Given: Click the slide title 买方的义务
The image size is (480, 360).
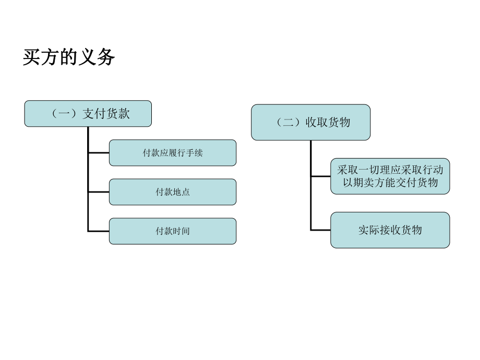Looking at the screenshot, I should pos(68,57).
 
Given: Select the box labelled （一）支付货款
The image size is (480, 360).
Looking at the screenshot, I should pos(88,114).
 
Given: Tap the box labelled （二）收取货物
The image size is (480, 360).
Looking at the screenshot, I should pos(311,123).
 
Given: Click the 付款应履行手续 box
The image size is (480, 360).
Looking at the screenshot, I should pos(173,153).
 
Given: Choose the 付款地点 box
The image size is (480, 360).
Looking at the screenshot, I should pos(173,192).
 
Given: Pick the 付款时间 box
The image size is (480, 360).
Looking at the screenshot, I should pos(173,231).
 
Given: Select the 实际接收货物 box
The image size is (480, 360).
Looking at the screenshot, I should pos(390,230).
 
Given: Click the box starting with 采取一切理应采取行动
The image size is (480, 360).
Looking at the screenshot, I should pos(390,176).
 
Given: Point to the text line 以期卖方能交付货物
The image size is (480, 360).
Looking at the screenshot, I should pos(390,183).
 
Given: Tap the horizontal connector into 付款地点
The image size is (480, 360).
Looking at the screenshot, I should pos(99,192).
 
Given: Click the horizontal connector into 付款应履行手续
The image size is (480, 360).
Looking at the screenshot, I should pos(99,153).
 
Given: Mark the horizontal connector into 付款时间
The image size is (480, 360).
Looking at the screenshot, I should pos(99,231).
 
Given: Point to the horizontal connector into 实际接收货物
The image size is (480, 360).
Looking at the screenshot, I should pos(320,230).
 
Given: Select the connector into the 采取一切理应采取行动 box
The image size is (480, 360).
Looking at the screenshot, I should pos(320,176).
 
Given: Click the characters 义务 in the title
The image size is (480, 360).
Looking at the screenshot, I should pos(103,57).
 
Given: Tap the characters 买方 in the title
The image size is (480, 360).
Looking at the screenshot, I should pos(34,57).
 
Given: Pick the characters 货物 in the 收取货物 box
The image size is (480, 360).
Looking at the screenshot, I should pos(339,123).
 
